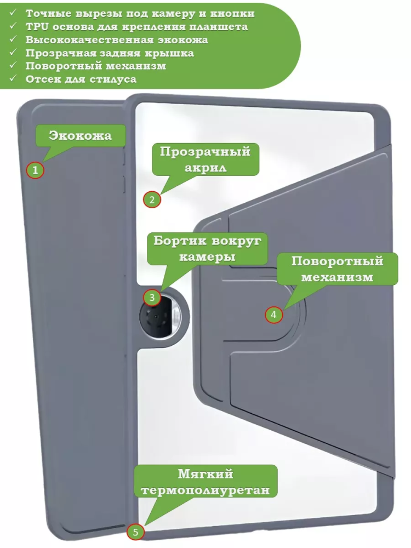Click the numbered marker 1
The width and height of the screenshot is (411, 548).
coord(35,170)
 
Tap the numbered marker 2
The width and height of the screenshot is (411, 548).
coord(152,199)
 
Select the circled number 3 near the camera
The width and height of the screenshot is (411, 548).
coord(152,298)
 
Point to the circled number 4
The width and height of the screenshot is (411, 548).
coord(273,315)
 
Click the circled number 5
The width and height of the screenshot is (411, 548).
coord(135,532)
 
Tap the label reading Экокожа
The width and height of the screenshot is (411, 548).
coord(80,135)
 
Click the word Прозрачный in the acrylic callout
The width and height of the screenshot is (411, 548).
coord(205,152)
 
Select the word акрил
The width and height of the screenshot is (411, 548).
coord(206,168)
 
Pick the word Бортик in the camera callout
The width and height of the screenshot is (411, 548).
coord(178,241)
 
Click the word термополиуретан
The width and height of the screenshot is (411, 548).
coord(206,490)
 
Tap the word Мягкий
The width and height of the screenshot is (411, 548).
coord(206,473)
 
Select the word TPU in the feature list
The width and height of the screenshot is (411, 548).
coord(37,26)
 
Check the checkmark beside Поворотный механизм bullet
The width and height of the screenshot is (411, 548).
coord(13,65)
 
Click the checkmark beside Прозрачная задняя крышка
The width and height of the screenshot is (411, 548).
coord(13,52)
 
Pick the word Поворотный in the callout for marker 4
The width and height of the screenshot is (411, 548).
coord(337,261)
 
